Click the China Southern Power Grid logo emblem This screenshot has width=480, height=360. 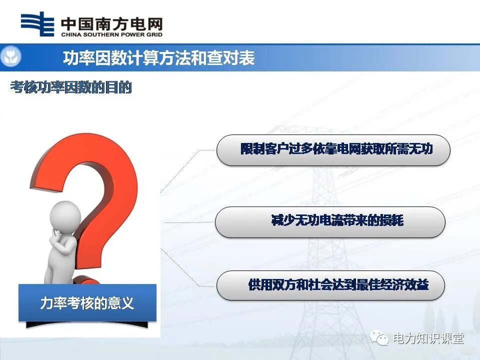(37, 24)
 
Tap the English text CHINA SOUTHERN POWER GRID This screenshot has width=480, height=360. (111, 35)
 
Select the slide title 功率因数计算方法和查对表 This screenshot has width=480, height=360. (158, 58)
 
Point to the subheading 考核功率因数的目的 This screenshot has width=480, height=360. (71, 88)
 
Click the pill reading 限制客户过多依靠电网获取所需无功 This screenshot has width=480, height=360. (333, 149)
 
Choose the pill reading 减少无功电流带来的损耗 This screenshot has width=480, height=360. (330, 221)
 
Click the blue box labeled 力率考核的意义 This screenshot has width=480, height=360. (87, 302)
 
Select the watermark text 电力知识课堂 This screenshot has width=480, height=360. (428, 338)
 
